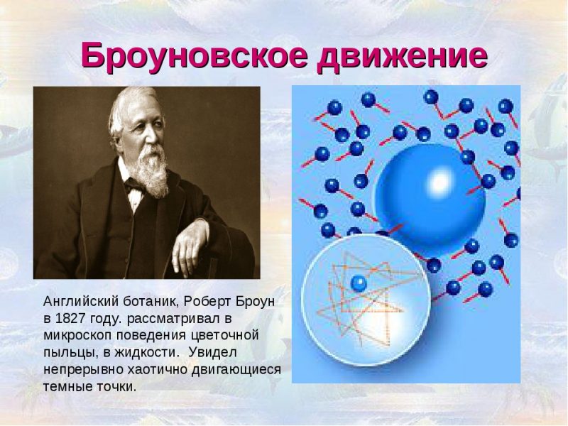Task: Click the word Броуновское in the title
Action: (194, 55)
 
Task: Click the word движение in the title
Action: (402, 56)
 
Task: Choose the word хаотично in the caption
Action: (158, 370)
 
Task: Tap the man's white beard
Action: (155, 172)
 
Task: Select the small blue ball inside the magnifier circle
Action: (359, 283)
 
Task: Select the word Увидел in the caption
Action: (212, 353)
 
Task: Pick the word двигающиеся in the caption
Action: (236, 371)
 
